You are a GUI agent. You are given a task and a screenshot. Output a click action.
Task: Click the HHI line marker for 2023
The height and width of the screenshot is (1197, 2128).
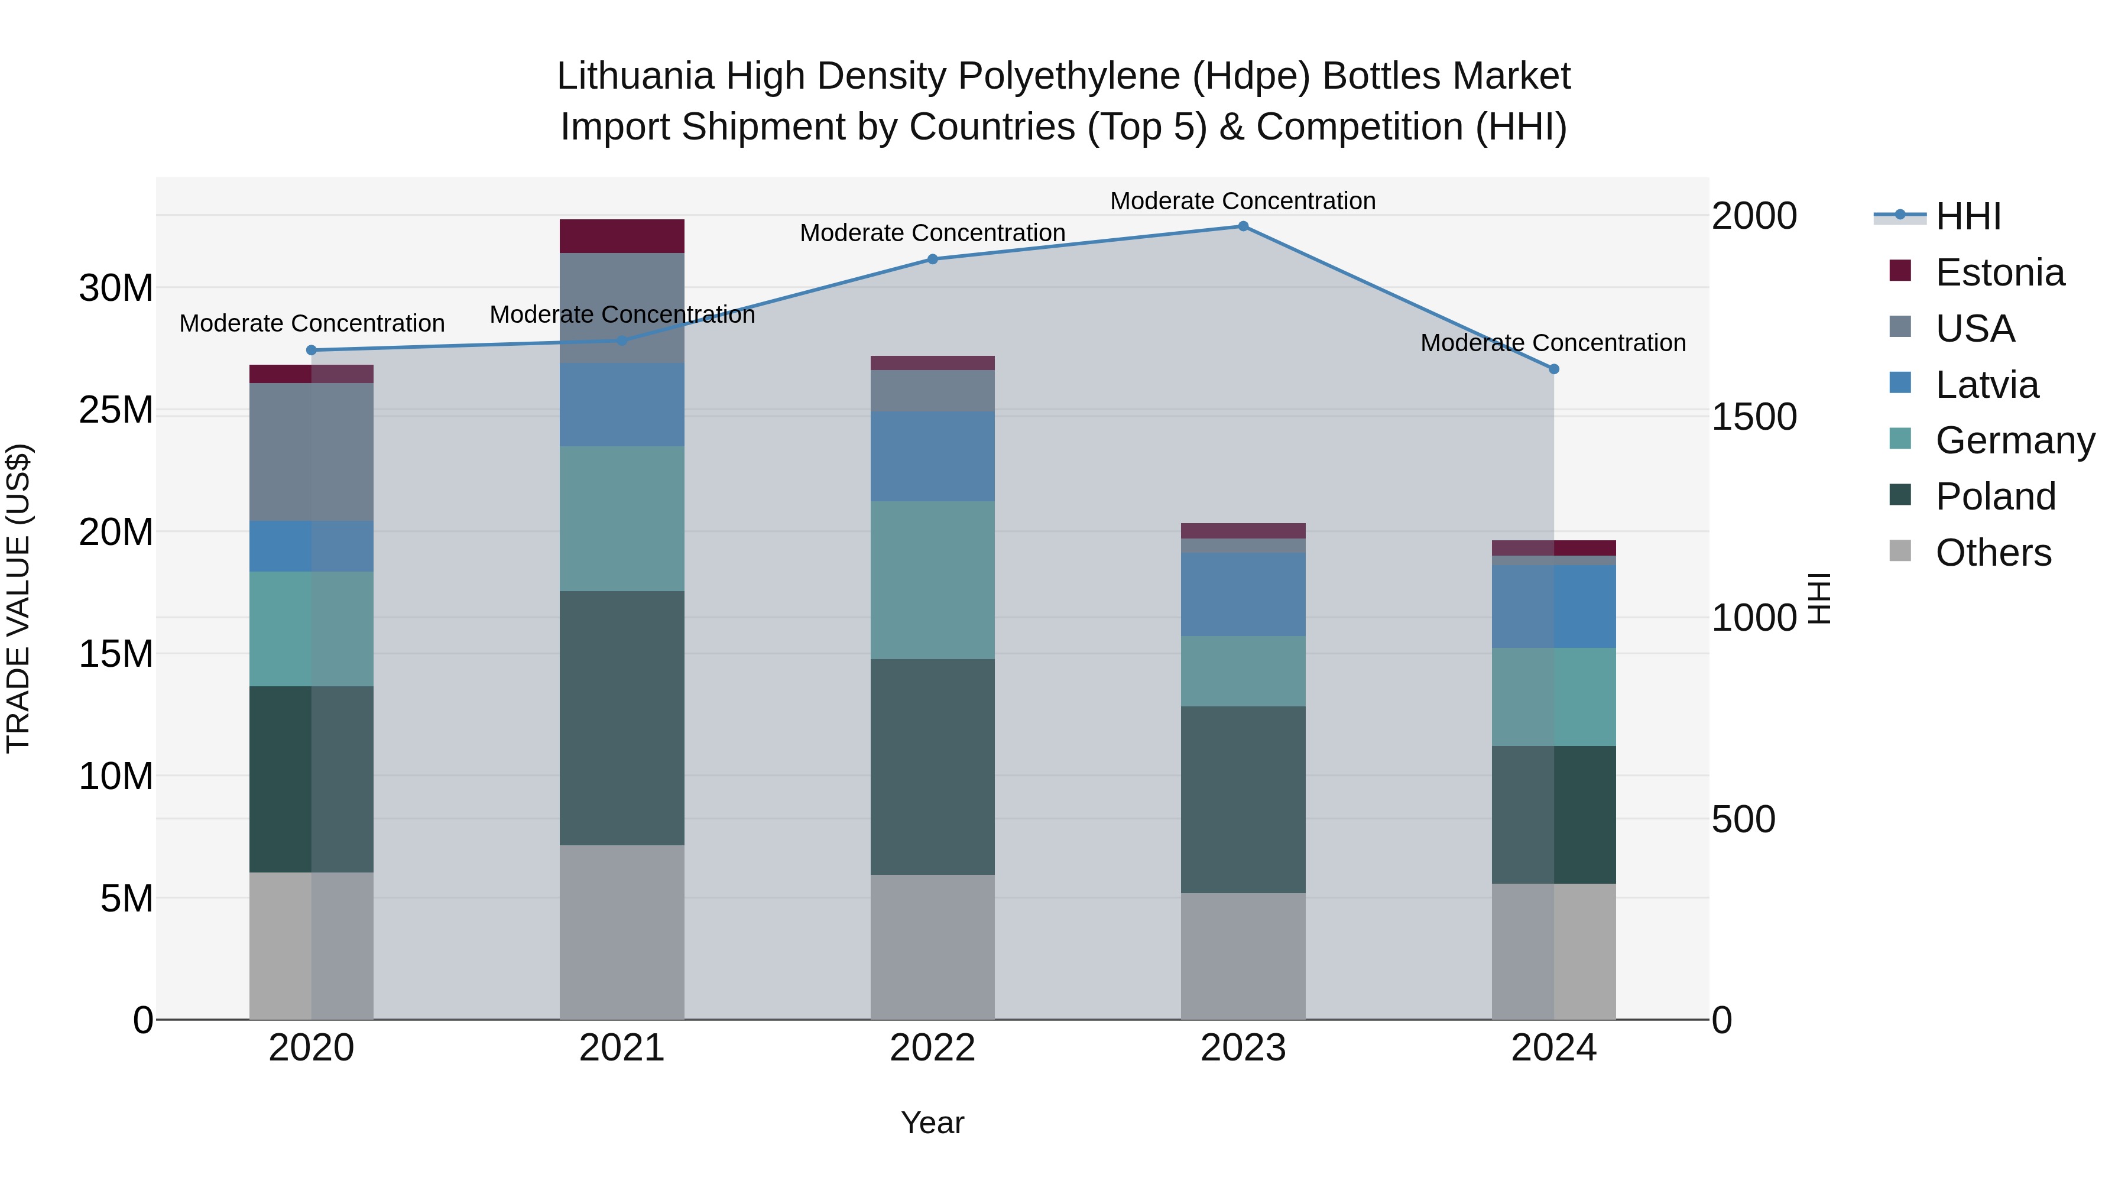[1243, 226]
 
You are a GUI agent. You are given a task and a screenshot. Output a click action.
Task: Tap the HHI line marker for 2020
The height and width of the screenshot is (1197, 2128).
[312, 351]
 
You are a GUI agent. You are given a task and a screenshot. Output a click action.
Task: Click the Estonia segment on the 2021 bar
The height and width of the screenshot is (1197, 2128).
[621, 236]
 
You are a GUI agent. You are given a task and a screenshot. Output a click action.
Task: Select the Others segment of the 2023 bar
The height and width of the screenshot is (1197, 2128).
[1243, 956]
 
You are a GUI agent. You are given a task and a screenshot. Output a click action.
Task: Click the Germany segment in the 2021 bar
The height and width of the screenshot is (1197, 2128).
[621, 519]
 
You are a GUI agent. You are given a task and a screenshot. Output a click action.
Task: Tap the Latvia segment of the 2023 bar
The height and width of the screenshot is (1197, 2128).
[1243, 594]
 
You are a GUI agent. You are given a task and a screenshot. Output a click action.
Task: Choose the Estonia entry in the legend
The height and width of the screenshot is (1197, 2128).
[1999, 273]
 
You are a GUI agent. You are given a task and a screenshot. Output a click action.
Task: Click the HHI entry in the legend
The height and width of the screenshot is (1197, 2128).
[1968, 216]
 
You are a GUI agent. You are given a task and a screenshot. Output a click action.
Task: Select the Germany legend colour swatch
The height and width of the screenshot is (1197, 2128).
[1900, 439]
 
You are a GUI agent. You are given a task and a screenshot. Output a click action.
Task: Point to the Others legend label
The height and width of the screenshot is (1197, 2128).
[1993, 553]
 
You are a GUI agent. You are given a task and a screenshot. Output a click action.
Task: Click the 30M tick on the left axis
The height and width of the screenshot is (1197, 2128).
[116, 288]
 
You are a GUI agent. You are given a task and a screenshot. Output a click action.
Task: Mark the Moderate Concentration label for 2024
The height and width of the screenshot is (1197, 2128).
[1552, 343]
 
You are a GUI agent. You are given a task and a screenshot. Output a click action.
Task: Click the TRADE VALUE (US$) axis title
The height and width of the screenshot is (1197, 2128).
[18, 598]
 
